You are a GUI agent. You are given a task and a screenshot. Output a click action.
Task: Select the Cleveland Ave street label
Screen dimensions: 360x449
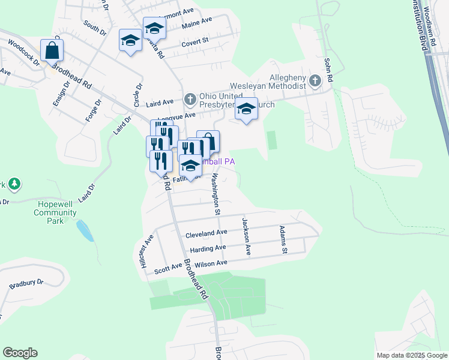pos(206,233)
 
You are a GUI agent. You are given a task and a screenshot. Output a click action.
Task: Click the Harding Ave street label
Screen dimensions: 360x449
pos(208,248)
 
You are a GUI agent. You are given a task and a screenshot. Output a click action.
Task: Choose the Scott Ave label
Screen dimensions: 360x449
pos(168,268)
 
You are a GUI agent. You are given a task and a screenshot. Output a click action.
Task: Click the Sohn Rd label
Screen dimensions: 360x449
pos(328,70)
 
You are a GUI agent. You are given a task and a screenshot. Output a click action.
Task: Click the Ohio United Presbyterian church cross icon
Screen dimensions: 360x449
pos(190,98)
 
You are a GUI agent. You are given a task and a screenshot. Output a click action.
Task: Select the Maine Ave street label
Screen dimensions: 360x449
pos(197,21)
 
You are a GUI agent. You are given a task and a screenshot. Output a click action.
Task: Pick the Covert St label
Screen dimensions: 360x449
pos(194,41)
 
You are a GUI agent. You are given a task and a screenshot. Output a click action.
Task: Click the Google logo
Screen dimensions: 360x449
pos(20,353)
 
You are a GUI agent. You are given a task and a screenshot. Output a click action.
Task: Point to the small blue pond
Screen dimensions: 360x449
pos(85,230)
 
